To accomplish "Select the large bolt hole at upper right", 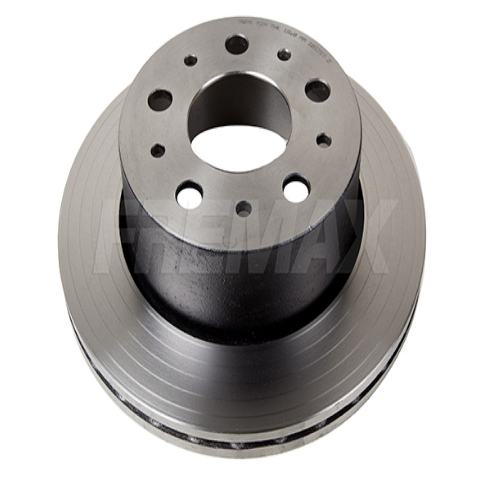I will coord(317,91).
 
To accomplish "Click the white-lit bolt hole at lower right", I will coord(296,188).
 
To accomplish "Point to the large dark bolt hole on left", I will coord(160,100).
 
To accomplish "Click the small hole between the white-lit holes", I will coord(244,208).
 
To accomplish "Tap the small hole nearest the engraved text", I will coord(284,54).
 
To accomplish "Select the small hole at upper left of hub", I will coord(190,61).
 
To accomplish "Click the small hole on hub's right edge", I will coord(324,140).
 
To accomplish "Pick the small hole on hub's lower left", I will coord(158,151).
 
